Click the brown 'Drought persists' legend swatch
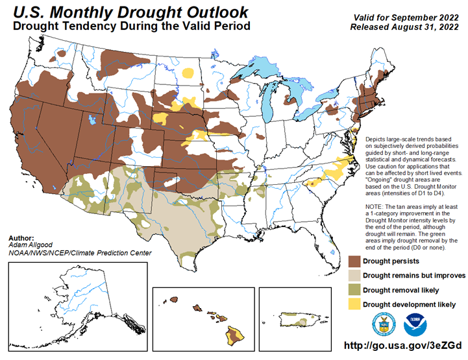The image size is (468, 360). (354, 261)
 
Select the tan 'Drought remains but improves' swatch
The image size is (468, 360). (354, 276)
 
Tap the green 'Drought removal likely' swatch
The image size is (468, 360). (354, 290)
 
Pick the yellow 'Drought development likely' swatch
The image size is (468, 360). (354, 304)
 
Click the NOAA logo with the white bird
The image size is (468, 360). (415, 324)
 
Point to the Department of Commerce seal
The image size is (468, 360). (384, 324)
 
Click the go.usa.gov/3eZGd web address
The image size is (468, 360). (402, 345)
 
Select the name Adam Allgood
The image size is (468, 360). (31, 245)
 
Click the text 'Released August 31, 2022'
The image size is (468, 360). (404, 27)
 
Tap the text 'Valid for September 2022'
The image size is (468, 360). (406, 18)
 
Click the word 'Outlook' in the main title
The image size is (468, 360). (217, 12)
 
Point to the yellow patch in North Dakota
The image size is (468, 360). (188, 73)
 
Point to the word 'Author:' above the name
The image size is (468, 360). (21, 238)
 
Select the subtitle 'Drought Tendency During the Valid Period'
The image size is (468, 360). (132, 26)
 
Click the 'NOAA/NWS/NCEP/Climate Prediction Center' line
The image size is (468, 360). (80, 253)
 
